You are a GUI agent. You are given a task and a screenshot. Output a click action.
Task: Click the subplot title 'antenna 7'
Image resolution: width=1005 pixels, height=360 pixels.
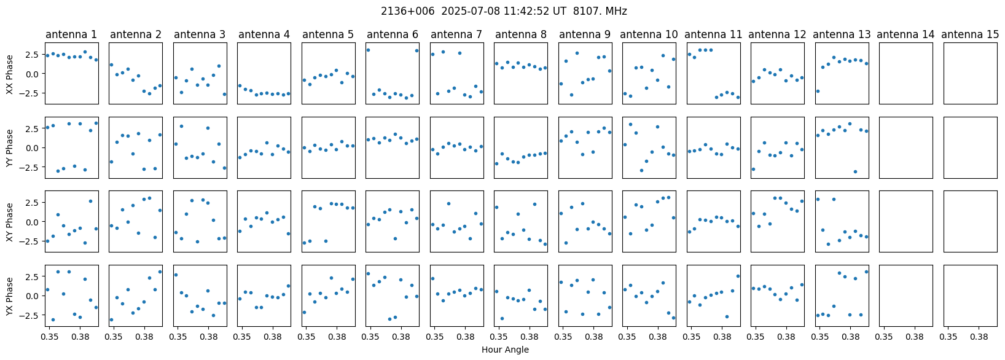[456, 34]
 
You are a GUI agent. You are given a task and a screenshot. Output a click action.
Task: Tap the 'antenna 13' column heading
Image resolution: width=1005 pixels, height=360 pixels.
[842, 34]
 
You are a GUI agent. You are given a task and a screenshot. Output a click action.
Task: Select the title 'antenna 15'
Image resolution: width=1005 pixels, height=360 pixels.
[970, 34]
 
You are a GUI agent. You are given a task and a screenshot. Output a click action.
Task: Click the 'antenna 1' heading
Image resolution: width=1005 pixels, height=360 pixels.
[71, 34]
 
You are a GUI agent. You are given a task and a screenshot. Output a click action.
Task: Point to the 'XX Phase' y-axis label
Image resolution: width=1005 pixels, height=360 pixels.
[9, 74]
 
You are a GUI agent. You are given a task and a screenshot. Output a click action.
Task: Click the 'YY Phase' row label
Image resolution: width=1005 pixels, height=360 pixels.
[9, 147]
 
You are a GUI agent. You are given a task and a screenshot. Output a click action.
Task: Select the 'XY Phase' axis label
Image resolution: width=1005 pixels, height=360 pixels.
[9, 222]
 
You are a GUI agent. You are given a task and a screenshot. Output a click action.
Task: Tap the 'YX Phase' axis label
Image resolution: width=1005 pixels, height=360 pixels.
[9, 296]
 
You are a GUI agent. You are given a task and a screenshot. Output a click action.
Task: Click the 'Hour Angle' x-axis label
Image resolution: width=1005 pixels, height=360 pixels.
[505, 350]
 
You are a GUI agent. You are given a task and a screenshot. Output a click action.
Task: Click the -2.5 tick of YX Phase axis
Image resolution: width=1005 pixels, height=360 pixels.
[31, 315]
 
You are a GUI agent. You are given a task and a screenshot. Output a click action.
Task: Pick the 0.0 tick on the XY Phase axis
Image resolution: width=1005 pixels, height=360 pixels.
[33, 222]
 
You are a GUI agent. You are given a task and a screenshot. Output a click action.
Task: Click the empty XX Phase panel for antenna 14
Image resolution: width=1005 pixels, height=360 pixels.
[906, 74]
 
